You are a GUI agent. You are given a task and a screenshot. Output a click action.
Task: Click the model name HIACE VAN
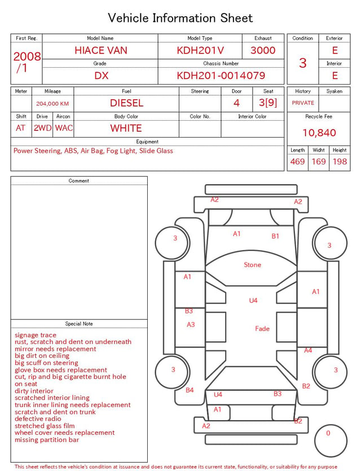tap(101, 50)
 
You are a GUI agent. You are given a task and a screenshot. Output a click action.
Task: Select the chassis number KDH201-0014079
tap(221, 76)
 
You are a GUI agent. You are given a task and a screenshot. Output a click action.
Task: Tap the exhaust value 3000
tap(263, 50)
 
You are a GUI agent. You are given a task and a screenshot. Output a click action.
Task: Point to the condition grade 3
tap(303, 63)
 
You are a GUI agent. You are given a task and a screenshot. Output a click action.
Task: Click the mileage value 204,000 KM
tap(52, 104)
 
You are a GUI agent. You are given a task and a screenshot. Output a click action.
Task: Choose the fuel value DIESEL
tap(126, 103)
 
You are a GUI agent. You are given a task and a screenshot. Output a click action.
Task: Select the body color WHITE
tap(126, 128)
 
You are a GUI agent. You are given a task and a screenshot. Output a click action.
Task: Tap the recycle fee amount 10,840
tap(319, 133)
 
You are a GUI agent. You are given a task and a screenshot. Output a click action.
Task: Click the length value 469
tap(297, 161)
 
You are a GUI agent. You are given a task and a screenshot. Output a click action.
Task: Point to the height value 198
tap(340, 161)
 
